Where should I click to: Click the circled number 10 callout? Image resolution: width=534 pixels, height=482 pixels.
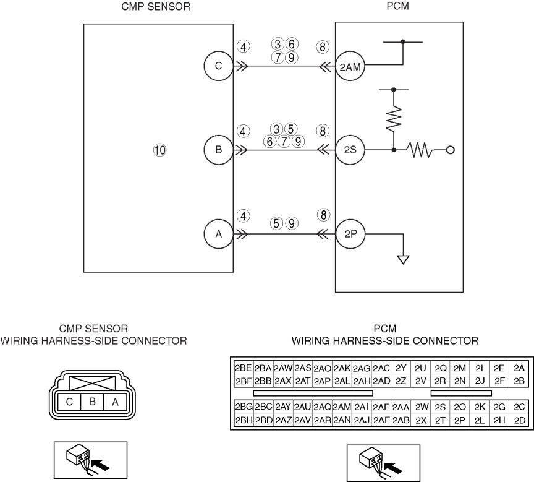[160, 149]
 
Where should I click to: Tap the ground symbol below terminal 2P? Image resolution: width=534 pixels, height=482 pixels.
[403, 259]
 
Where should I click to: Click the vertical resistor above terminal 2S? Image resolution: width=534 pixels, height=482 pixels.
[393, 118]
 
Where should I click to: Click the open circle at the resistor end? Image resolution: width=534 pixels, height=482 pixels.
[451, 149]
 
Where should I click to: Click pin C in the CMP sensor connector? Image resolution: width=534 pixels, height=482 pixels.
[70, 402]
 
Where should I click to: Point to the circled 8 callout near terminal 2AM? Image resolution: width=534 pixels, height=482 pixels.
[322, 46]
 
